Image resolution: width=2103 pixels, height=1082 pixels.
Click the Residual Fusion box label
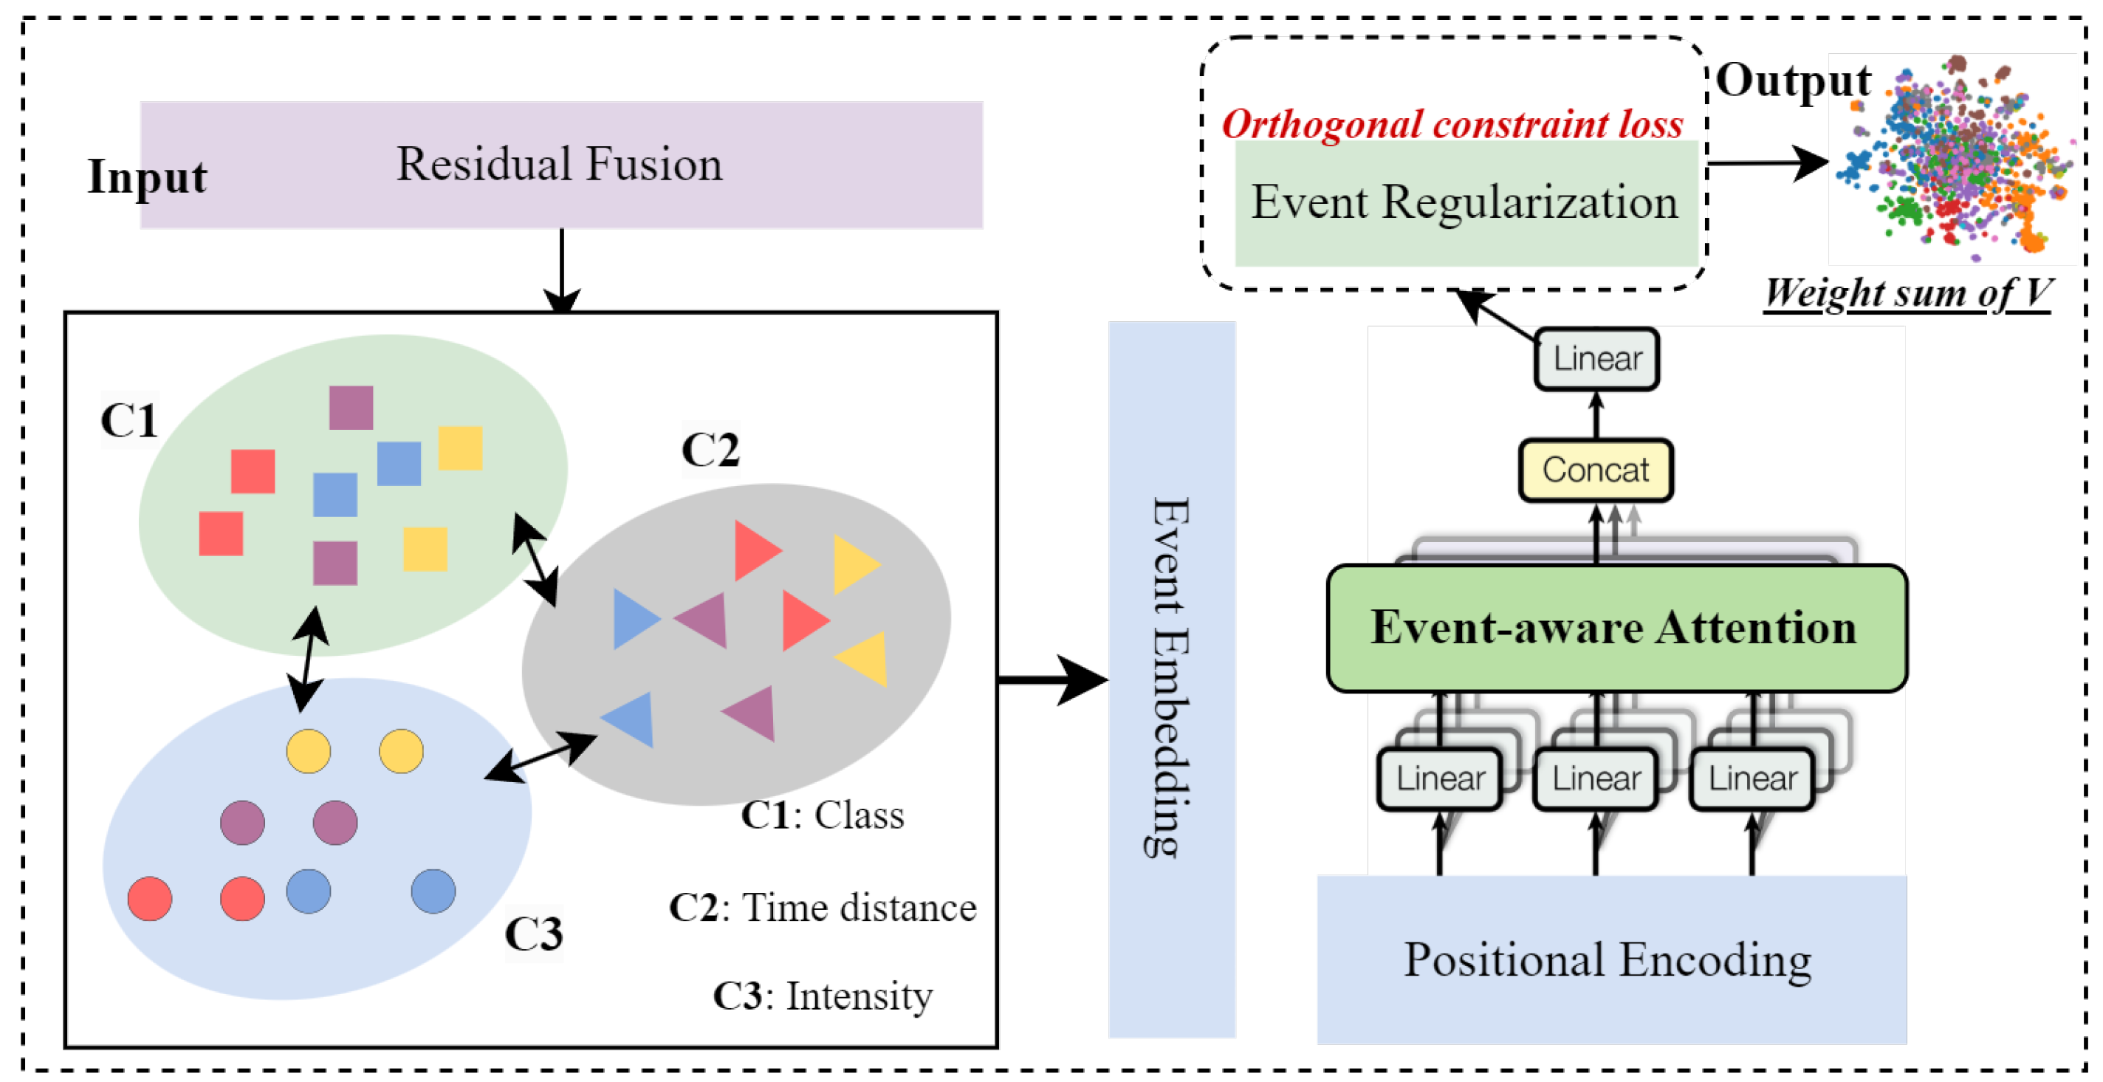559,164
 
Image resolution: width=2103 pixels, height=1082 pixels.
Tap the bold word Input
147,177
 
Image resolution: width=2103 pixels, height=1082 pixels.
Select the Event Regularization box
1466,202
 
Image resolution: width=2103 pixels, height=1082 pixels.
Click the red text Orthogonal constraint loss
1452,124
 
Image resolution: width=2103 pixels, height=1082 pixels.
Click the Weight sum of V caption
1907,292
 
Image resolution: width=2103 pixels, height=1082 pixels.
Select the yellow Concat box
1595,470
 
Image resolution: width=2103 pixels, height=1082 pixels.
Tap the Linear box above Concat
1596,359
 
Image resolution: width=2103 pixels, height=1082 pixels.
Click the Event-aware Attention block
1615,628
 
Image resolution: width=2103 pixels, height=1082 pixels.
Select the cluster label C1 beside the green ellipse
129,420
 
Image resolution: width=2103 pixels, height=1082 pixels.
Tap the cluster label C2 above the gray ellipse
710,449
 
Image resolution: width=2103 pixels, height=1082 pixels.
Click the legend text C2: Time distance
823,907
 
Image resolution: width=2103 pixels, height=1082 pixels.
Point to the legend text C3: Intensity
823,996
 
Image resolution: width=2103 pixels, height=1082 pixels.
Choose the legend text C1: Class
823,815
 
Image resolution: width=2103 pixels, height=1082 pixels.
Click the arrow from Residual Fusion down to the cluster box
562,270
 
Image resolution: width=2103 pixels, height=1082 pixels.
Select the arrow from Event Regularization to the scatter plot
1768,163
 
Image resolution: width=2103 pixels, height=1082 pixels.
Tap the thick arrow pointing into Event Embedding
1053,679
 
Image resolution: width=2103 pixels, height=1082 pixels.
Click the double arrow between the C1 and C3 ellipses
308,658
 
